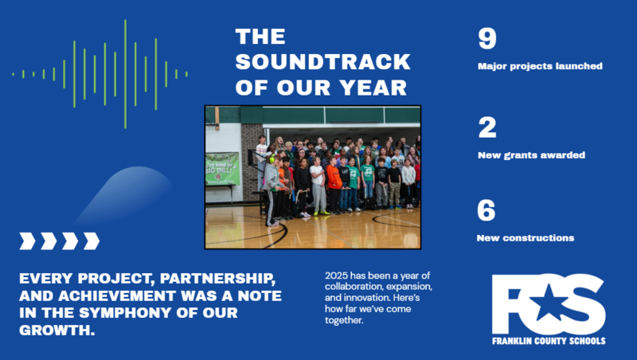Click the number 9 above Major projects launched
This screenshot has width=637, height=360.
coord(486,40)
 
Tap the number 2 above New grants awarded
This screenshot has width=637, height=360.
coord(486,127)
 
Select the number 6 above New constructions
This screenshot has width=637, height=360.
coord(486,211)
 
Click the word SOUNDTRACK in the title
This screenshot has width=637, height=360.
coord(323,62)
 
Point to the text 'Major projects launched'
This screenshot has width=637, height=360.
coord(539,66)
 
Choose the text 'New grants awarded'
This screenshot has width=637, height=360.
coord(531,155)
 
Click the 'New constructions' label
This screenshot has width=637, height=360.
coord(525,237)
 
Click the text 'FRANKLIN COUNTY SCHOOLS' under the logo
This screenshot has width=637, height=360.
coord(548,341)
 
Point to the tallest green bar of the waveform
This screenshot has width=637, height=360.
coord(125,74)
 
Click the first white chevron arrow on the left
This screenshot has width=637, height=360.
coord(28,241)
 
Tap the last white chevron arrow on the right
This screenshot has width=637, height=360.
coord(92,241)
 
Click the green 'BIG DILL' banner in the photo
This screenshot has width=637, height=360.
coord(222,169)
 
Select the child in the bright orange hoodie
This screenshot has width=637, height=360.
coord(334,179)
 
